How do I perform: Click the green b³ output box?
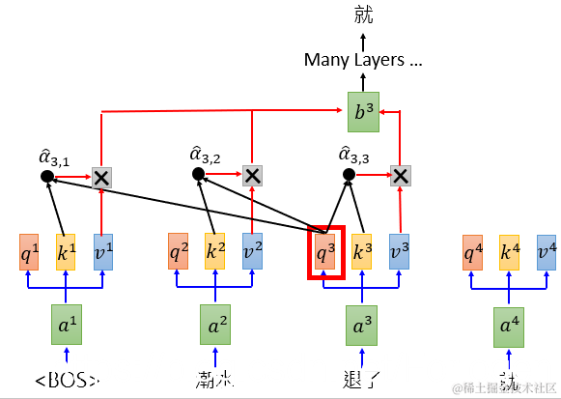[x=363, y=112]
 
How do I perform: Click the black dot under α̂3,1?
[x=46, y=176]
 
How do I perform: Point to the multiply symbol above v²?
[x=251, y=175]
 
